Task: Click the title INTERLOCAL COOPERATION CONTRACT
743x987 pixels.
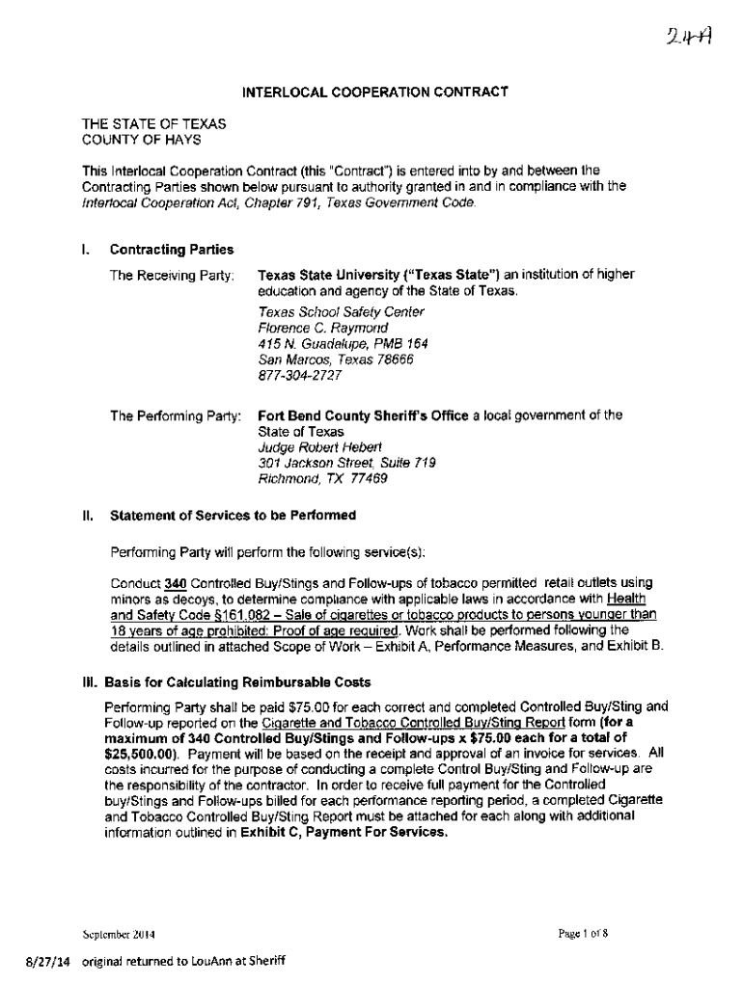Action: point(374,93)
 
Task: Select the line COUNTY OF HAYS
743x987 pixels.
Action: point(140,140)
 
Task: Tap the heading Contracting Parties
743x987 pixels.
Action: point(172,250)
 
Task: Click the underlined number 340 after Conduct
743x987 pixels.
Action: point(175,583)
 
